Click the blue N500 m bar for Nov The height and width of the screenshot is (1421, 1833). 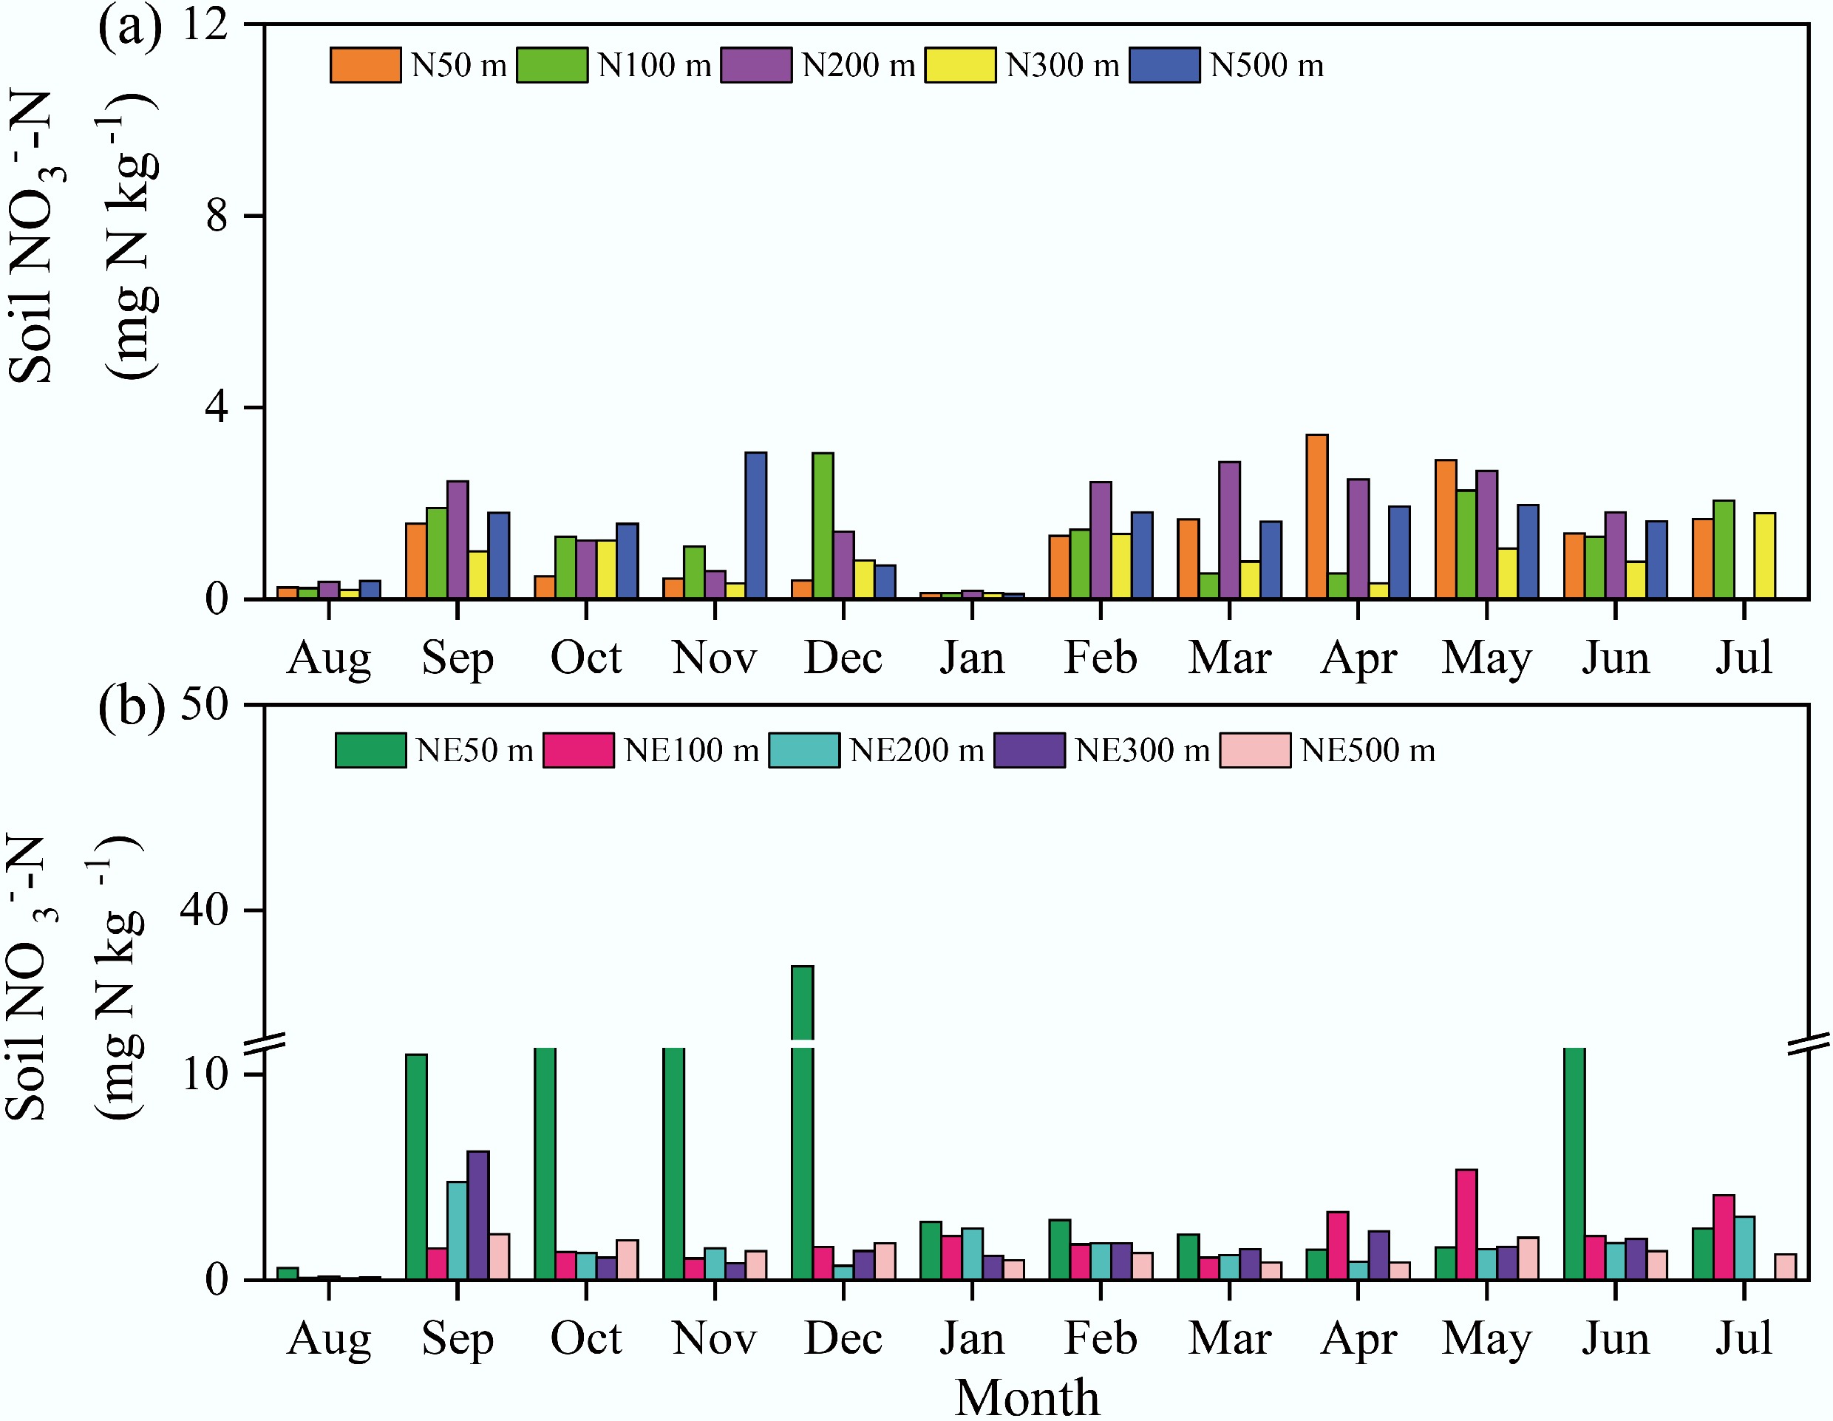coord(755,525)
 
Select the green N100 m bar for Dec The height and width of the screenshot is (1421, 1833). coord(823,525)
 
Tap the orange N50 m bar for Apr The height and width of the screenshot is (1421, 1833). coord(1317,517)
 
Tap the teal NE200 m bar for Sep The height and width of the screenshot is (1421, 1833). coord(458,1230)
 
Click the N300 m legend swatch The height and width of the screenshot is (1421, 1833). coord(960,66)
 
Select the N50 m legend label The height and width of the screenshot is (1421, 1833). coord(458,66)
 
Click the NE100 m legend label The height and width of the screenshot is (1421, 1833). coord(691,750)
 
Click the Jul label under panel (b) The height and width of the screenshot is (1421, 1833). coord(1743,1338)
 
